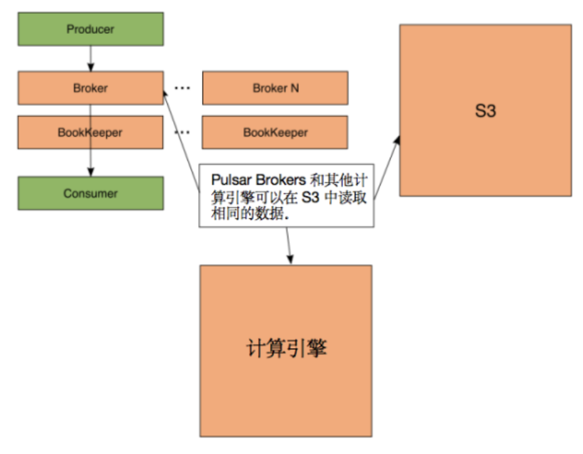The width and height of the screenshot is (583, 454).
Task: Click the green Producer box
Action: click(x=91, y=29)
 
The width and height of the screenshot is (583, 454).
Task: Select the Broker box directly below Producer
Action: click(x=91, y=88)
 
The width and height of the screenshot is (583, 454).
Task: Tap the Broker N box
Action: click(x=275, y=88)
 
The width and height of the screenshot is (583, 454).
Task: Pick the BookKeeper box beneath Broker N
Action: click(x=275, y=132)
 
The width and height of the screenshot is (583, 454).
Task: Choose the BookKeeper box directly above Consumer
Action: click(x=91, y=132)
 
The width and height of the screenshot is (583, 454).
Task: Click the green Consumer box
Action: click(x=91, y=193)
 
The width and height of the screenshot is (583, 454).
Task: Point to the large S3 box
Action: click(x=485, y=110)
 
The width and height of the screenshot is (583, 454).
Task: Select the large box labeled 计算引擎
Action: click(x=286, y=350)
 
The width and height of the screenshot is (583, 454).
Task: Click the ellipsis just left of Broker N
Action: click(x=182, y=88)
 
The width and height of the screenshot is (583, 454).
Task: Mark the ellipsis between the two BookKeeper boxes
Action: click(x=182, y=132)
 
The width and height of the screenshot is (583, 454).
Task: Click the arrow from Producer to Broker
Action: click(x=91, y=58)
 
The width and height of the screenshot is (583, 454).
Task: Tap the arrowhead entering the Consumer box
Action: click(x=91, y=173)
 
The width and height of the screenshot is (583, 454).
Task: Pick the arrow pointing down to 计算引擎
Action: click(x=288, y=245)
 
